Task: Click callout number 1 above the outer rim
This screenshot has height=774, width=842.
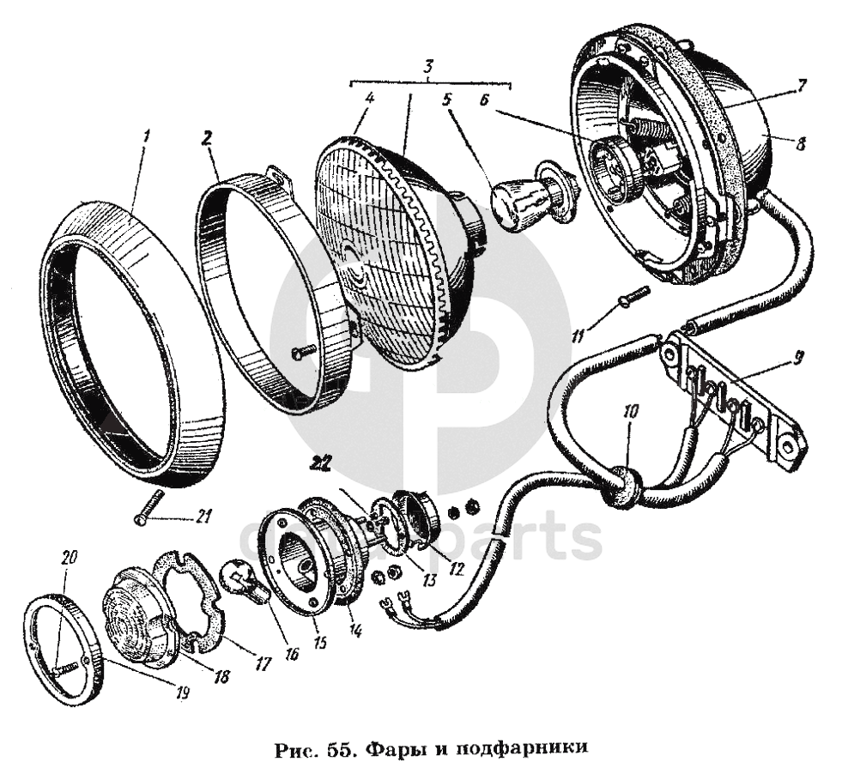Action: tap(147, 136)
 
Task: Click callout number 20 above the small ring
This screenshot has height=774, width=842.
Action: tap(70, 557)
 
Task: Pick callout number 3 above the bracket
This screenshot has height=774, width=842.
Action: tap(429, 65)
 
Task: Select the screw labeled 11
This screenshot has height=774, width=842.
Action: tap(633, 295)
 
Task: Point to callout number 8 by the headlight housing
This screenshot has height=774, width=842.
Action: tap(800, 145)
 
